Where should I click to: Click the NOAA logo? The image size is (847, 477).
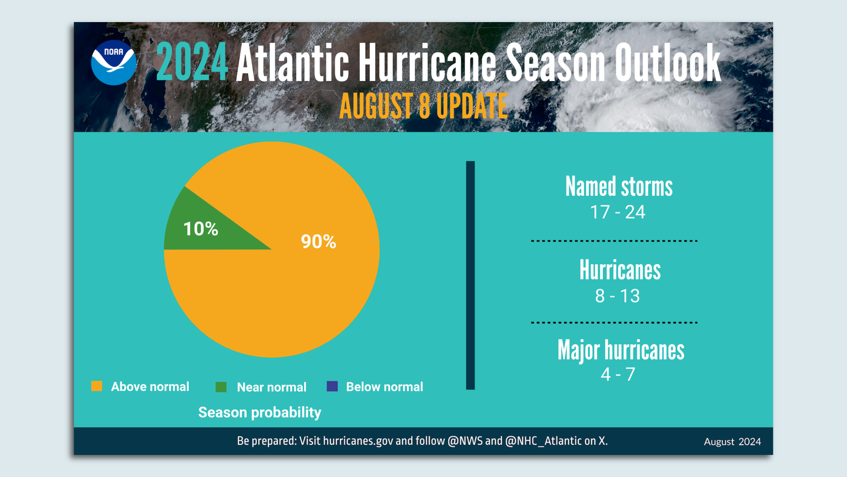(114, 63)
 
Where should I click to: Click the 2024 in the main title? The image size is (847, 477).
(192, 63)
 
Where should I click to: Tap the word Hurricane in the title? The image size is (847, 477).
(427, 63)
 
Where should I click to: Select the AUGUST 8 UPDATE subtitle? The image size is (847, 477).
(423, 106)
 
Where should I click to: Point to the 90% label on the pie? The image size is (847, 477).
(318, 242)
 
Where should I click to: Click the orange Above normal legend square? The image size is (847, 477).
(97, 386)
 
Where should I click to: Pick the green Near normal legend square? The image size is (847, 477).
(221, 387)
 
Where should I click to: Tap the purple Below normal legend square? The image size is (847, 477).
(332, 386)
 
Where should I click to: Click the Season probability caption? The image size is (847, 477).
(259, 413)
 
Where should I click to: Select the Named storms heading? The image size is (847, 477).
(619, 187)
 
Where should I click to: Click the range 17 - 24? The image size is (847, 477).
(618, 212)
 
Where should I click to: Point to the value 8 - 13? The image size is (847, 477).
(617, 296)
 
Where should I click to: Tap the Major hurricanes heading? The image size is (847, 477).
(621, 350)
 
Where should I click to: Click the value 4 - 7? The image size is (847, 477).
(618, 375)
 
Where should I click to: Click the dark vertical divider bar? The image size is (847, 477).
(470, 275)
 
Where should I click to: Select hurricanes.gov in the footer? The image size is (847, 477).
(358, 441)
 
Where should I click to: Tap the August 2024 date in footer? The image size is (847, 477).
(732, 442)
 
